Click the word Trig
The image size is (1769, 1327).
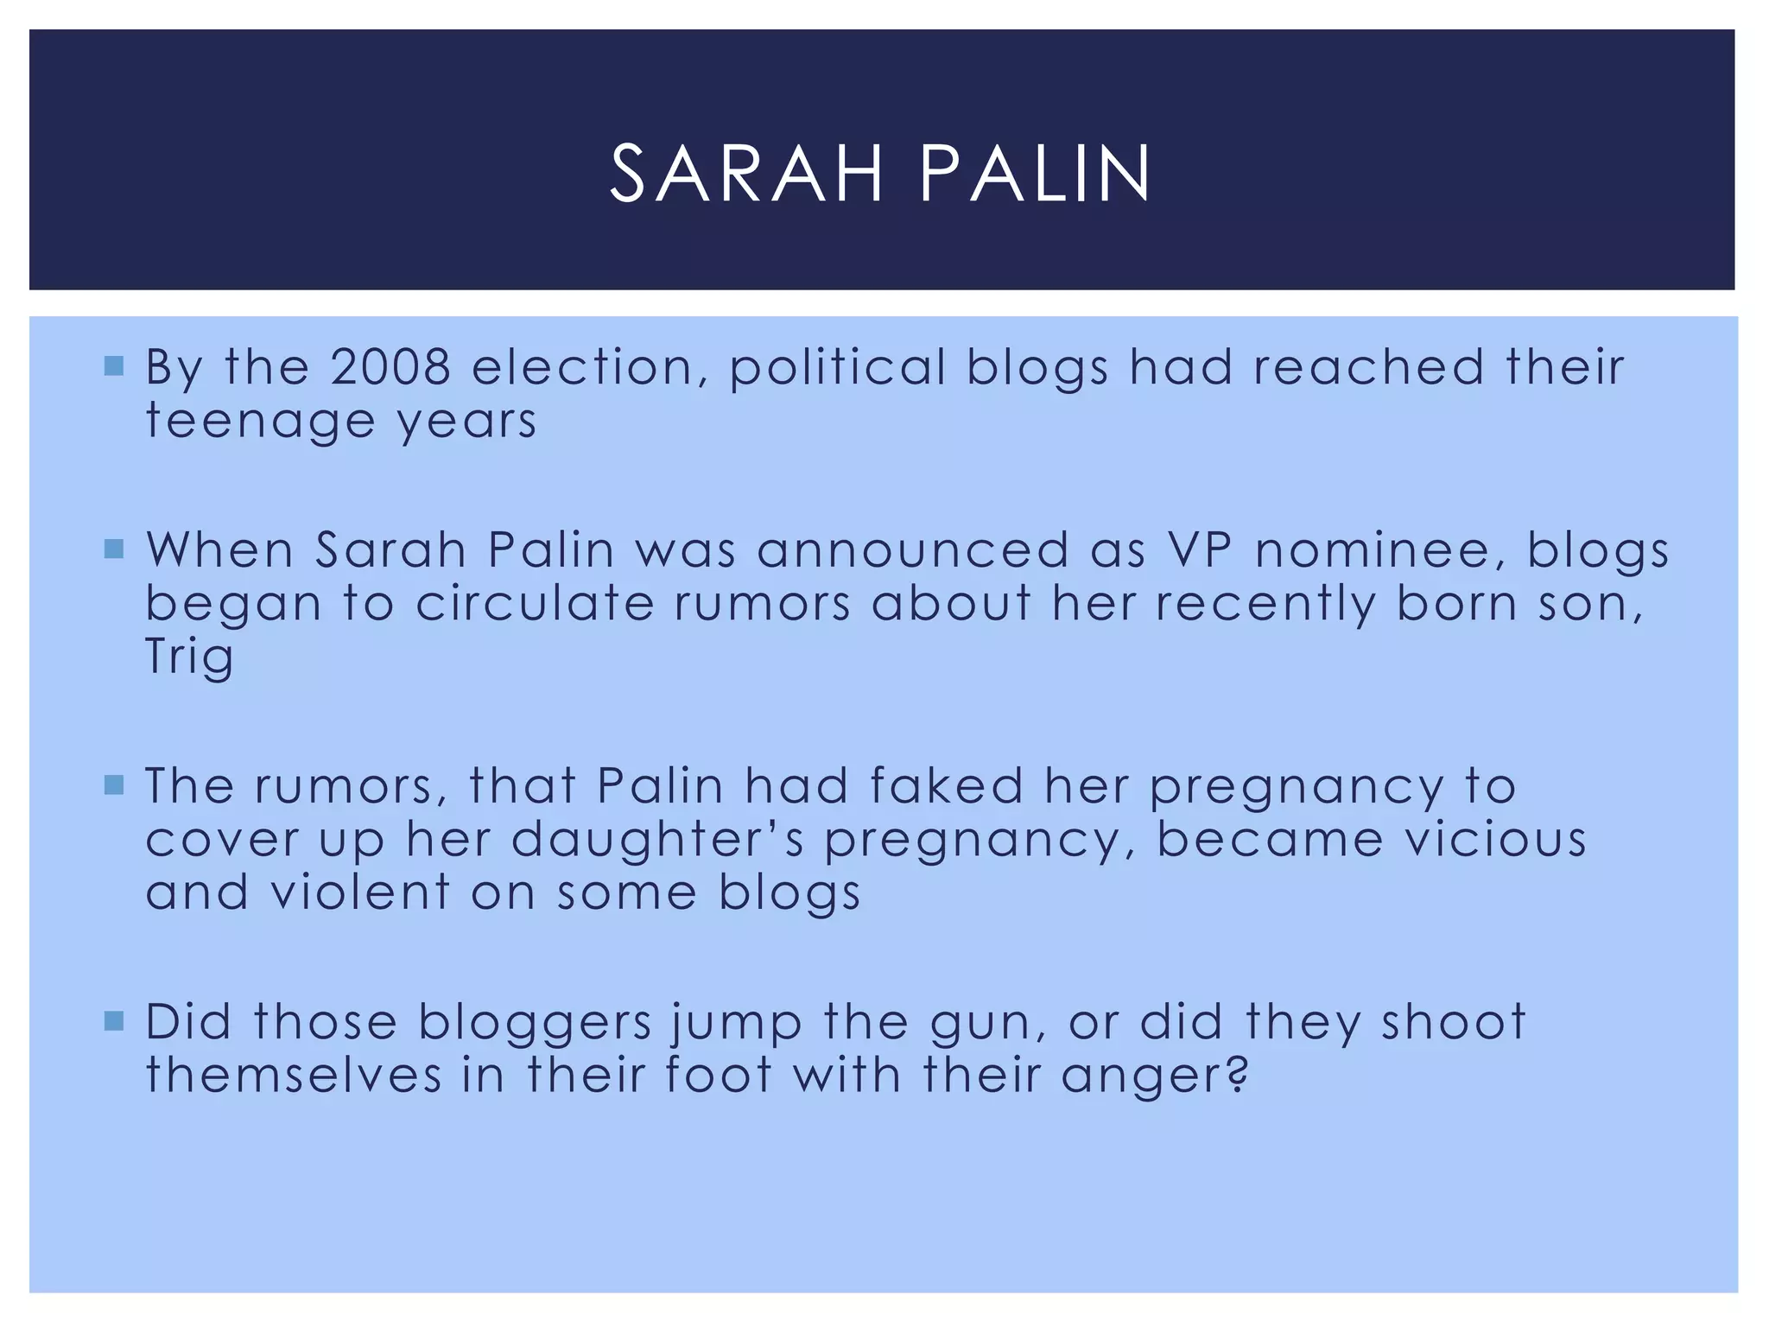pos(189,657)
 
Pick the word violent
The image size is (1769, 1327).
pos(360,892)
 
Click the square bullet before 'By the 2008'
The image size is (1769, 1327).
pos(113,365)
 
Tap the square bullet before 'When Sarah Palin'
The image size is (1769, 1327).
pos(113,549)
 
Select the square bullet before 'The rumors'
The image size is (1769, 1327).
pos(113,785)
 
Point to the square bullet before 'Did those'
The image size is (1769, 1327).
pos(113,1022)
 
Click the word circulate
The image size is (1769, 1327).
pos(535,603)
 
